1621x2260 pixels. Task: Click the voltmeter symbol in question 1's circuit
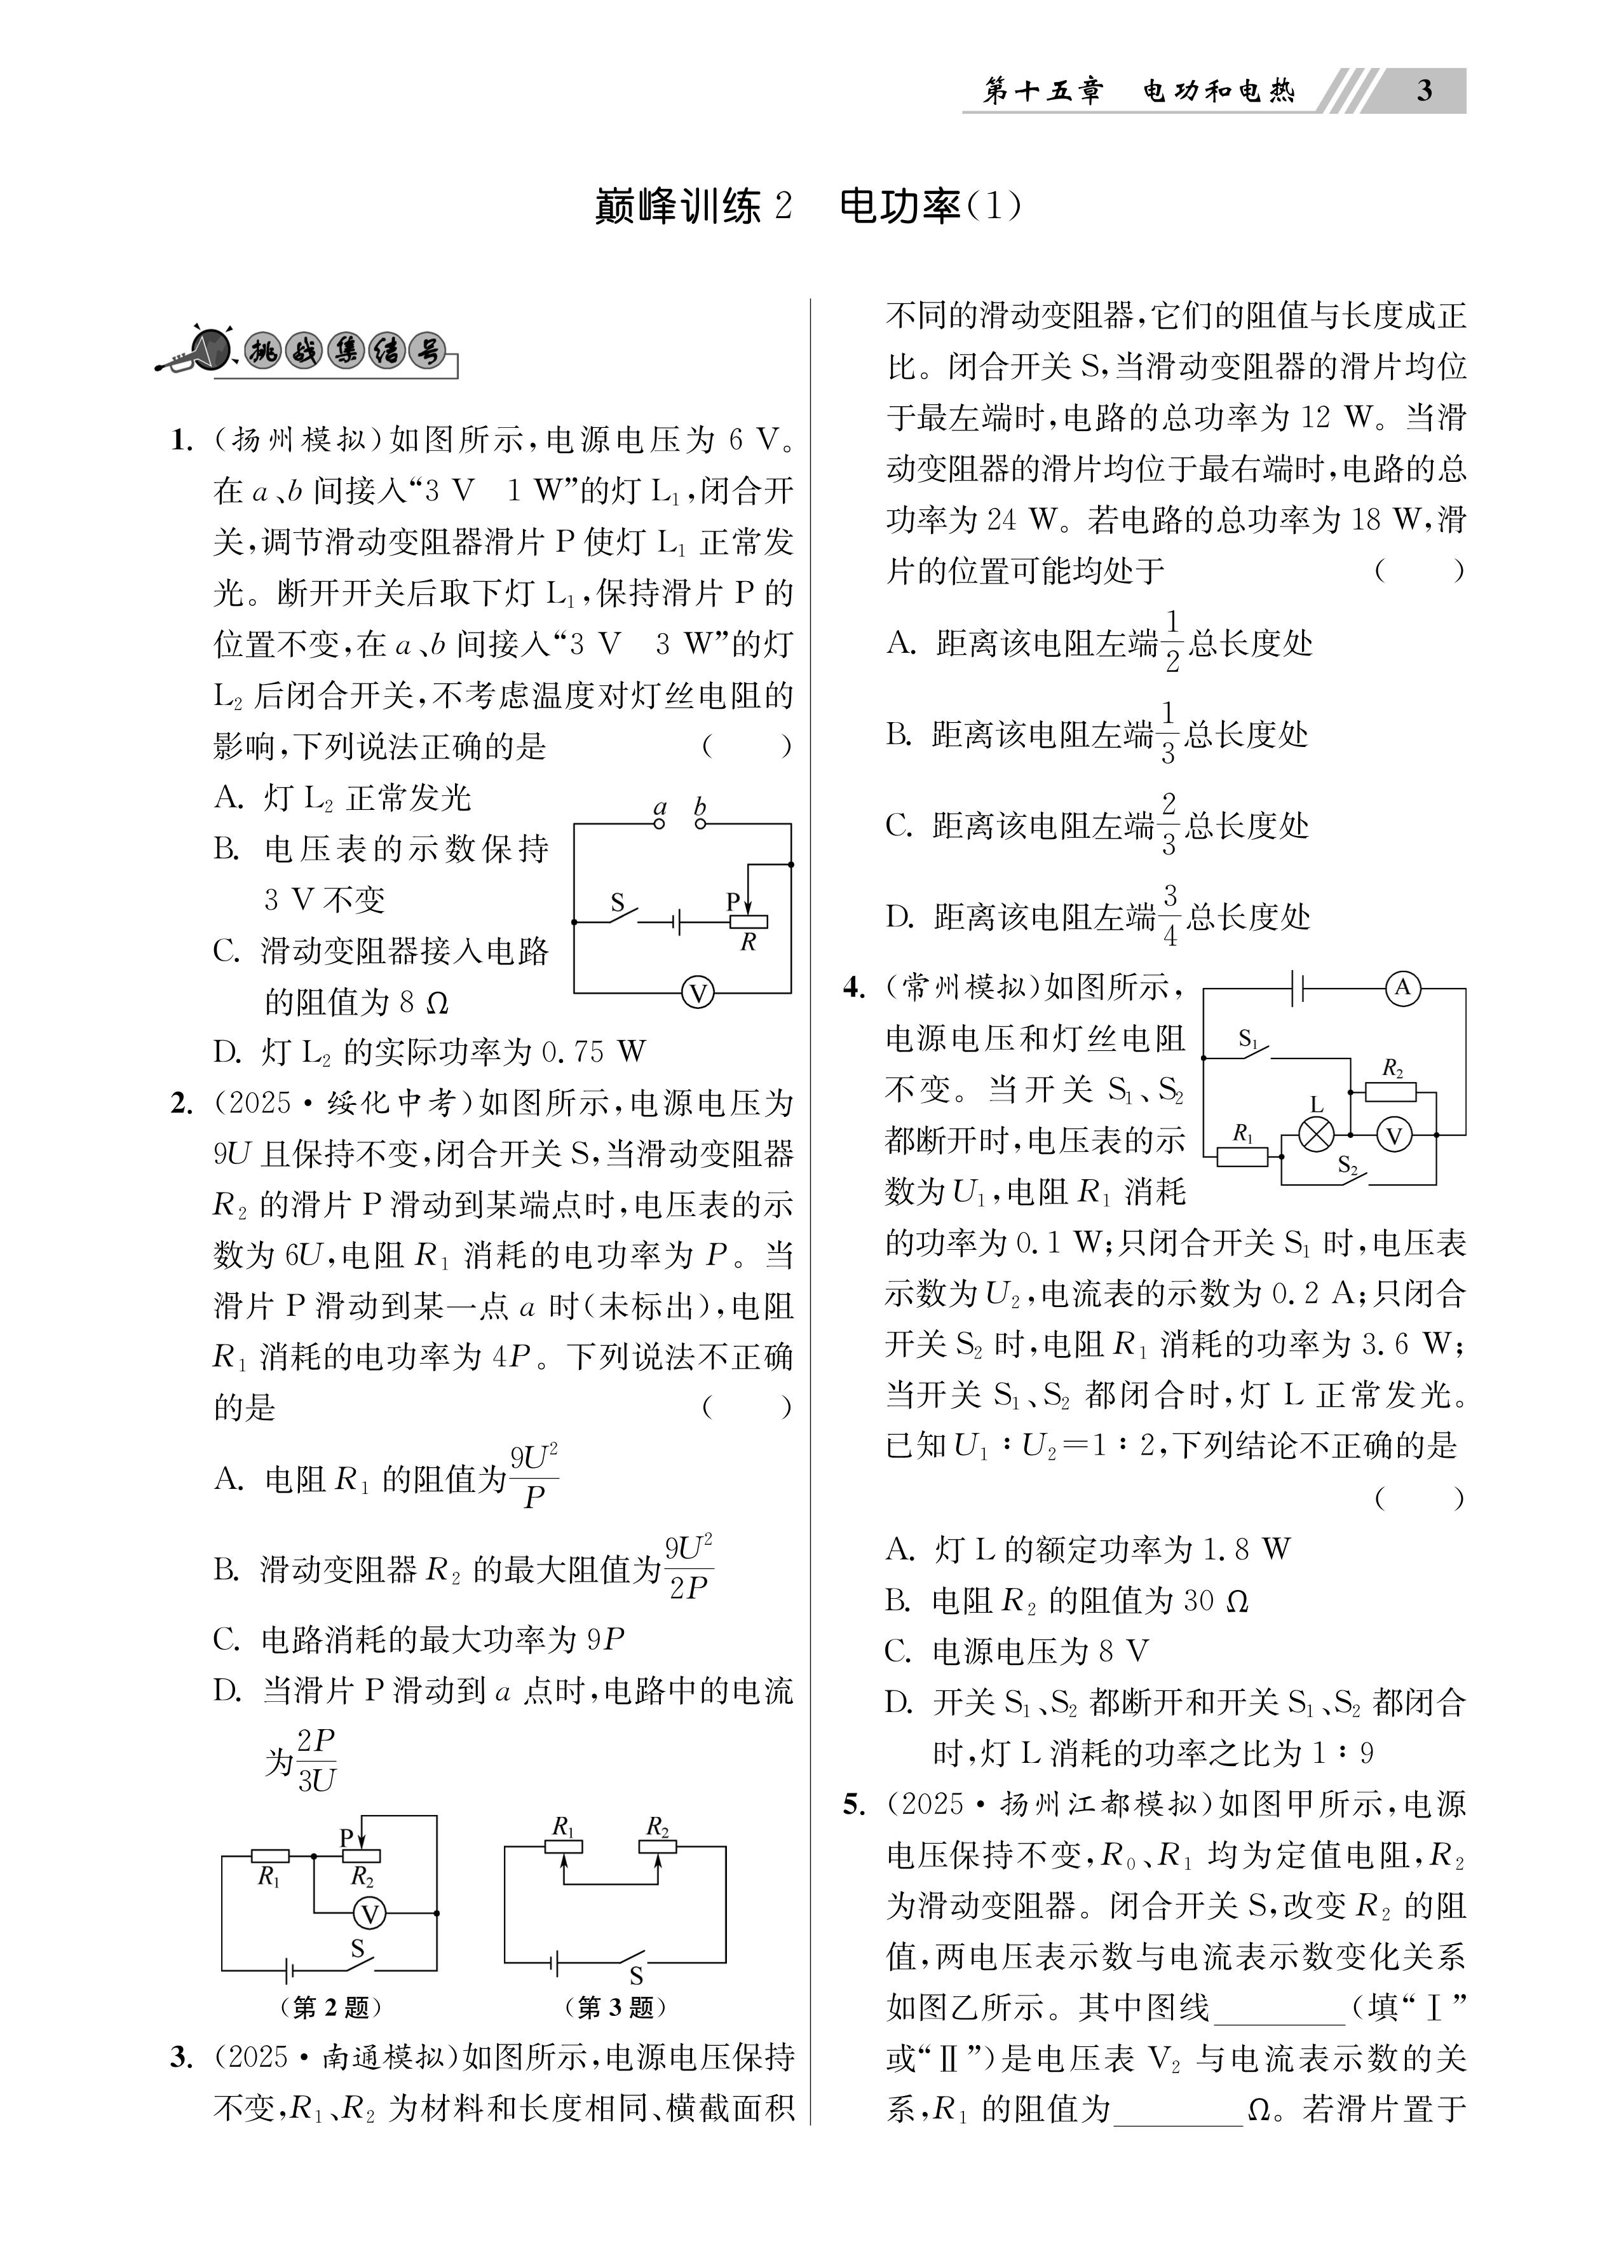(698, 992)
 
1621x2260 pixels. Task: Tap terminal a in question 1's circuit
(658, 823)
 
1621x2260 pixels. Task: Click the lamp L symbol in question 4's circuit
(1317, 1135)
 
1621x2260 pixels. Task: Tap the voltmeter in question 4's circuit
(1395, 1135)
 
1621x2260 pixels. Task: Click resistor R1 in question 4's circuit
(1242, 1156)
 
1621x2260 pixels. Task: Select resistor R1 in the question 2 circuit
(270, 1856)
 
